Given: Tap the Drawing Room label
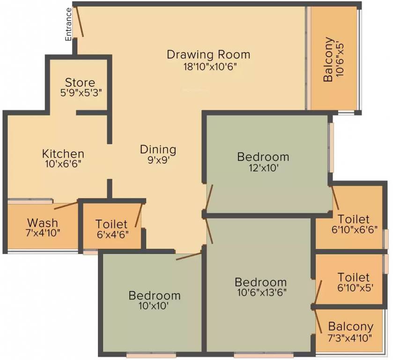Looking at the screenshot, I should [208, 54].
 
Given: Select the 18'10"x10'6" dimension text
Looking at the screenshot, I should [208, 66].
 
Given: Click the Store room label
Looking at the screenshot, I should [80, 82].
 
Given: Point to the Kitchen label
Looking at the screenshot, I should [63, 154].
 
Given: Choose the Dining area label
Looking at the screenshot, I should [158, 150].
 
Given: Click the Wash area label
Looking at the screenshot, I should [43, 222].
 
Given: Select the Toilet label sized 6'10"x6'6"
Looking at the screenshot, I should [354, 219].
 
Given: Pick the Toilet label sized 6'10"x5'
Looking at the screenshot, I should [354, 277].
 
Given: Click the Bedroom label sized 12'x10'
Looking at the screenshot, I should [263, 157].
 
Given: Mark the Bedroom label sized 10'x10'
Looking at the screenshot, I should [155, 296].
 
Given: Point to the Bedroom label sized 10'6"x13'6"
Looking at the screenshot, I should [261, 282].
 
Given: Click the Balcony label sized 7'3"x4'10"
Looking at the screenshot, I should [351, 326].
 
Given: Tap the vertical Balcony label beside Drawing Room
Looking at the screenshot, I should [329, 60].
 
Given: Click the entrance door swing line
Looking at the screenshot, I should [81, 22].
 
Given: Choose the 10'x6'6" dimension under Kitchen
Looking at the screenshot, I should [63, 165].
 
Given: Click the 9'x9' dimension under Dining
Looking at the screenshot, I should [158, 160].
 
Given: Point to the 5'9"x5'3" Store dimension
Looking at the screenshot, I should [80, 93].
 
